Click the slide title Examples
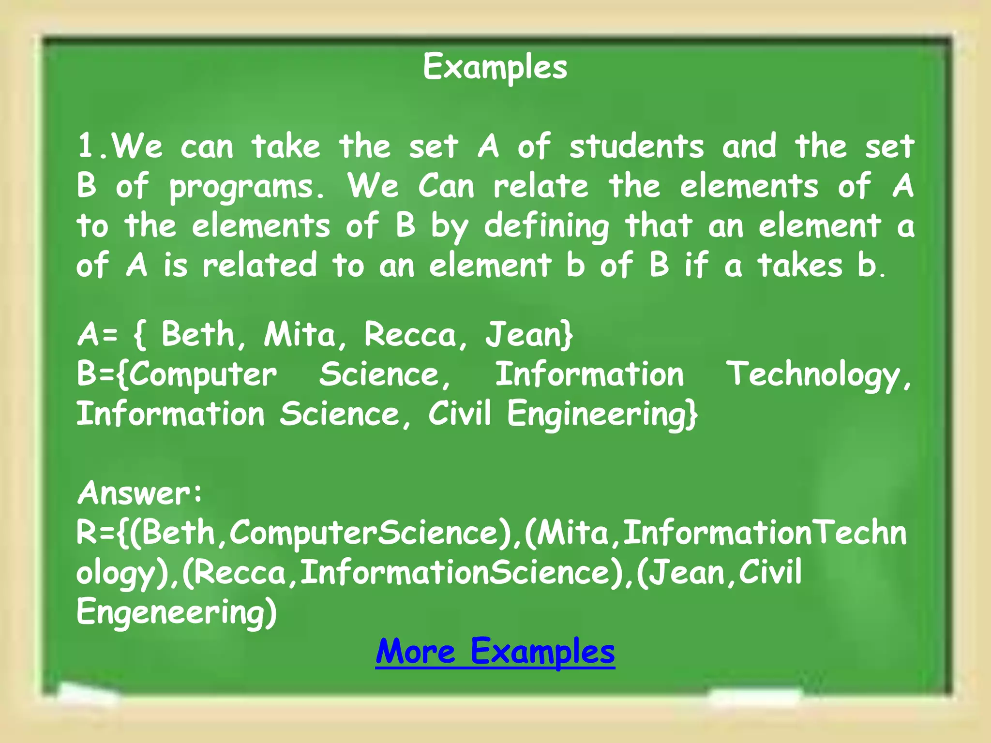495,67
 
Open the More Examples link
495,652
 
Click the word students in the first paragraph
636,146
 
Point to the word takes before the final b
800,266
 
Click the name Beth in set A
198,334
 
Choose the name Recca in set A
410,334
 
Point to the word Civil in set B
459,414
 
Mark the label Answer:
140,493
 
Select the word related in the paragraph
259,266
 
